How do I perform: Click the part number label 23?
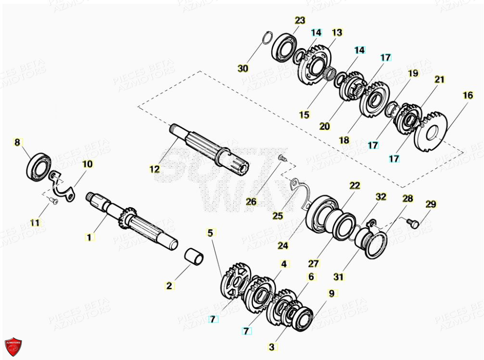tap(300, 20)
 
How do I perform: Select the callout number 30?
tap(243, 69)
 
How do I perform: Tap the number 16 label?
tap(468, 95)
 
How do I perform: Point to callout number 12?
tap(154, 169)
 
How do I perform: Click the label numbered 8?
tap(17, 142)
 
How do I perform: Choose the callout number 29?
tap(431, 204)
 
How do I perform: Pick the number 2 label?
tap(169, 286)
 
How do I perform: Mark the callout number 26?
tap(251, 201)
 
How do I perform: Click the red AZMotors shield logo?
tap(13, 346)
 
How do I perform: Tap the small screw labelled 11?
tap(54, 201)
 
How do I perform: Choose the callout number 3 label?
tap(273, 346)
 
